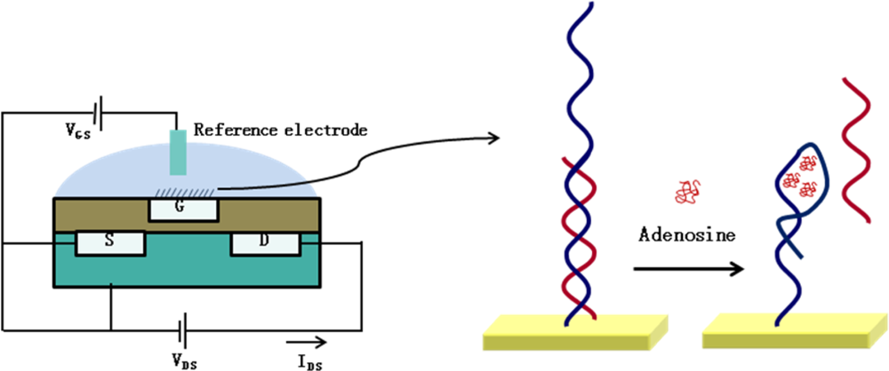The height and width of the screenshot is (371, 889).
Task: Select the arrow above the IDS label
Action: (308, 340)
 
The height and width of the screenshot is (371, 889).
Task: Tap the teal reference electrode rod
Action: (178, 151)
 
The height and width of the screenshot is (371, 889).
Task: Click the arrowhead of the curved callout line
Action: (493, 137)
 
